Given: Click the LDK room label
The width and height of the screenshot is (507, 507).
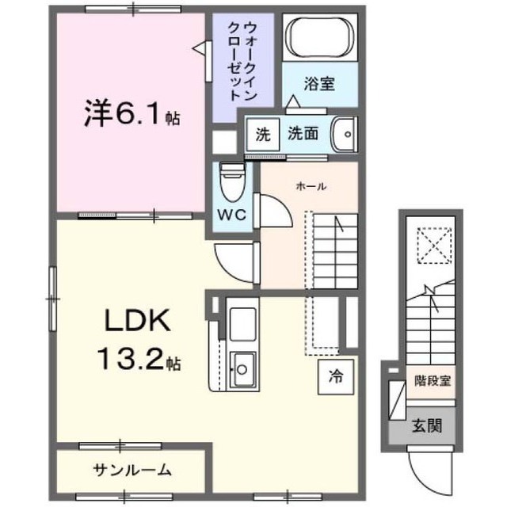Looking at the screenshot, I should pyautogui.click(x=135, y=323).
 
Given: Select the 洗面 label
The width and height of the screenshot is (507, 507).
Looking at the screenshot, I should pyautogui.click(x=303, y=134).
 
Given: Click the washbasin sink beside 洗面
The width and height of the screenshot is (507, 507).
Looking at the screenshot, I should pyautogui.click(x=343, y=133).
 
